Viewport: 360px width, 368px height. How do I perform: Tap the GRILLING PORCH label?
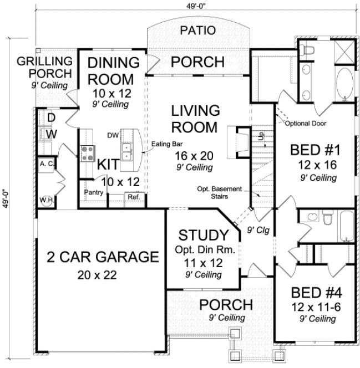pos(44,67)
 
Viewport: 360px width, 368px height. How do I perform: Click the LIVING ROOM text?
pos(194,119)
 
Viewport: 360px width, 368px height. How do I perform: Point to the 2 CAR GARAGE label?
pos(99,257)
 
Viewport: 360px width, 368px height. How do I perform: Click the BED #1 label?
pos(315,150)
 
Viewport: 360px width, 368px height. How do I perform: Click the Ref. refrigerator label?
pos(134,197)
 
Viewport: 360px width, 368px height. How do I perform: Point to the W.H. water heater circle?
pos(45,200)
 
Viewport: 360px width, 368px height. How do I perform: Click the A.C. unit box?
pos(45,164)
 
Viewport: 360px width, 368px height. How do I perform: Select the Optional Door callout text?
pos(306,124)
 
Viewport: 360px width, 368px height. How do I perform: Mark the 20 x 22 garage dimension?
pos(99,274)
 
